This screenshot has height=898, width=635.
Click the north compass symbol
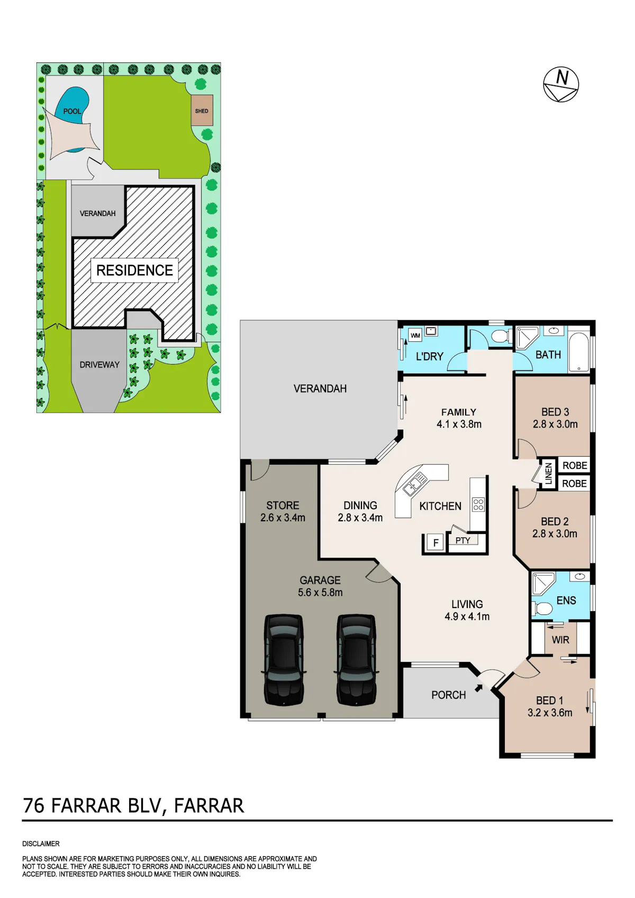561,84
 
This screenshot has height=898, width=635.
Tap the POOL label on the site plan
72,111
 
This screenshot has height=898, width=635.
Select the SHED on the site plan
202,110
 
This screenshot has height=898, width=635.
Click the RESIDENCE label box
135,270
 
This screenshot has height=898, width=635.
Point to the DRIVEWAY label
99,365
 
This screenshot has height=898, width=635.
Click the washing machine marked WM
415,335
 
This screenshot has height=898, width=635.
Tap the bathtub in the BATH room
578,351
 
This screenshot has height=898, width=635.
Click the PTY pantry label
462,540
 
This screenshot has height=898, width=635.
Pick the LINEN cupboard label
549,473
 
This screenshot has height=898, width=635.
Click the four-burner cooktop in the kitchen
478,504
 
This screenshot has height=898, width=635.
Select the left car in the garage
284,660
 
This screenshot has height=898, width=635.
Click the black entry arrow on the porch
478,688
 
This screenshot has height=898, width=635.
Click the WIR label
560,640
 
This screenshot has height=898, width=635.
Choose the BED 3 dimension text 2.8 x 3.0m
555,424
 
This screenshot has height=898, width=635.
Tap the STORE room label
283,505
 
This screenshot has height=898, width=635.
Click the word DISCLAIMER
41,844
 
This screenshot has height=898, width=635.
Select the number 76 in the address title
34,806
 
